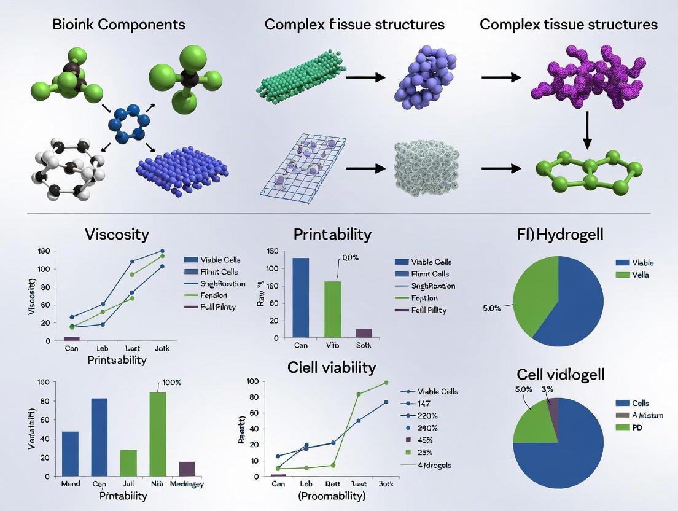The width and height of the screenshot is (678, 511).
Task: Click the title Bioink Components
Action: [119, 25]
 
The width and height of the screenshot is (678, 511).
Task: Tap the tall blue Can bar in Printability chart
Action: [300, 297]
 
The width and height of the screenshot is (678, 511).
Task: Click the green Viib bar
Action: [332, 309]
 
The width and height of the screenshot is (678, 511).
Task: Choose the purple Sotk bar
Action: [364, 333]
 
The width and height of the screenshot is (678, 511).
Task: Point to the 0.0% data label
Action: [349, 258]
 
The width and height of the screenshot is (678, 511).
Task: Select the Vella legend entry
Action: [640, 275]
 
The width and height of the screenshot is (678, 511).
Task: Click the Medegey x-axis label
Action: [187, 483]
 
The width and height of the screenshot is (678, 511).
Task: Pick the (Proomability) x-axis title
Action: [332, 496]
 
